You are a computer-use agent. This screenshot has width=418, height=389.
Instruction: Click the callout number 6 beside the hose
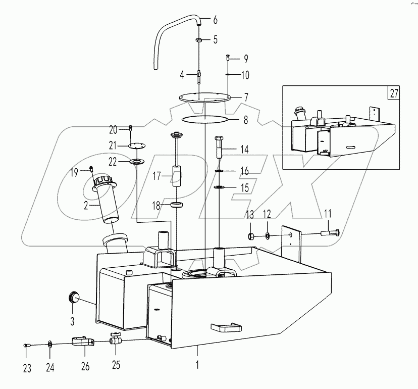215,21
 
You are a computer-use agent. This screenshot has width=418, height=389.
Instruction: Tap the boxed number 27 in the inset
394,93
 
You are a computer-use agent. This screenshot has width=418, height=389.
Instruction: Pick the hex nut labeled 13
250,235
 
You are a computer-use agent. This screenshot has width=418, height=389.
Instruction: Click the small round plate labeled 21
135,145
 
